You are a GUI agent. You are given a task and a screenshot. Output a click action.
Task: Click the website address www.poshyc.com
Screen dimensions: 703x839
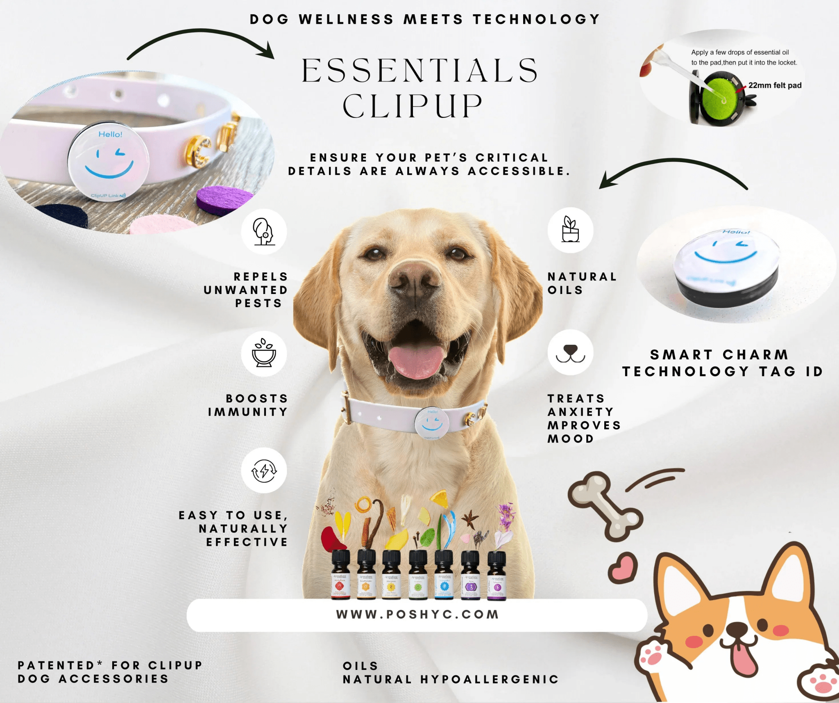tap(417, 615)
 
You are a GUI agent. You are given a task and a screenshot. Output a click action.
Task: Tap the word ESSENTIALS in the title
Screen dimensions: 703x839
tap(420, 70)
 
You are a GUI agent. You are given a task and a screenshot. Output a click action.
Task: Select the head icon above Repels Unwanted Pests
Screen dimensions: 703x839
tap(264, 232)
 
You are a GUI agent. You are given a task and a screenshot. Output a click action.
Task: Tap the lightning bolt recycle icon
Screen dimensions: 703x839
tap(264, 470)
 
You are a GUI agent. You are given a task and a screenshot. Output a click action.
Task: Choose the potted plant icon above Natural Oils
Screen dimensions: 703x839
tap(570, 230)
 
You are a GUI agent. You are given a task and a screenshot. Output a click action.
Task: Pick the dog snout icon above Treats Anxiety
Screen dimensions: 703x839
tap(570, 353)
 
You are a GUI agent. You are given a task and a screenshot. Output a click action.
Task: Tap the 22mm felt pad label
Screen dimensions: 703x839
tap(775, 85)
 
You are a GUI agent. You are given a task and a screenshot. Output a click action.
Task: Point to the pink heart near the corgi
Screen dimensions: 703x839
tap(623, 567)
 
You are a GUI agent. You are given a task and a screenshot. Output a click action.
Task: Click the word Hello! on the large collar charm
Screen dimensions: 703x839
tap(110, 134)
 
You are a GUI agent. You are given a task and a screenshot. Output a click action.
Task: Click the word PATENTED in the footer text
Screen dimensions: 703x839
tap(56, 665)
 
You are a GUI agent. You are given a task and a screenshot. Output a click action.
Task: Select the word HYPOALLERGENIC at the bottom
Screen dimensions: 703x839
tap(490, 680)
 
